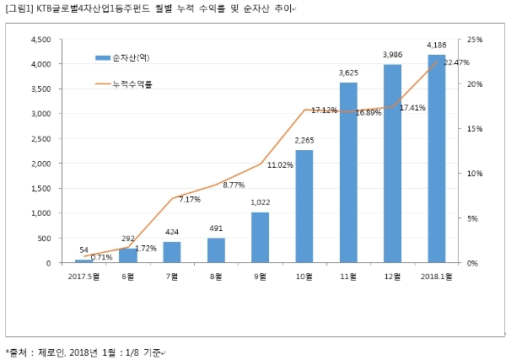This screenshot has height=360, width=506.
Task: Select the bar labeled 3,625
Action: [348, 173]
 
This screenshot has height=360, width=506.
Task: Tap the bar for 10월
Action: [304, 207]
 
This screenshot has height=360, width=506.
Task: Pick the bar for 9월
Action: [261, 237]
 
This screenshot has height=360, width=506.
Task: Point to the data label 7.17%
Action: [190, 200]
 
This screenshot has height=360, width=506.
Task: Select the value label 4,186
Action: [437, 45]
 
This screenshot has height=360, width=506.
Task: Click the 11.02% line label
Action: [279, 165]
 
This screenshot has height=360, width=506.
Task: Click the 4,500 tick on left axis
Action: [40, 40]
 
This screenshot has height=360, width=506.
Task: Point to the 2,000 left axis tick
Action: [40, 164]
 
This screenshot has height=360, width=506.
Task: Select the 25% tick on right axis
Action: [474, 40]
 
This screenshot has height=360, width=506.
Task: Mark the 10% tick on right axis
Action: [474, 174]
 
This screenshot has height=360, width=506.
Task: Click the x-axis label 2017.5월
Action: [84, 276]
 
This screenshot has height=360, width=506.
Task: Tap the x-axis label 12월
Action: [393, 276]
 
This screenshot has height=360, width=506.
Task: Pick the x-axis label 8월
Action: [217, 276]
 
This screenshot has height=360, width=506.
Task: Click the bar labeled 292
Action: [128, 255]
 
